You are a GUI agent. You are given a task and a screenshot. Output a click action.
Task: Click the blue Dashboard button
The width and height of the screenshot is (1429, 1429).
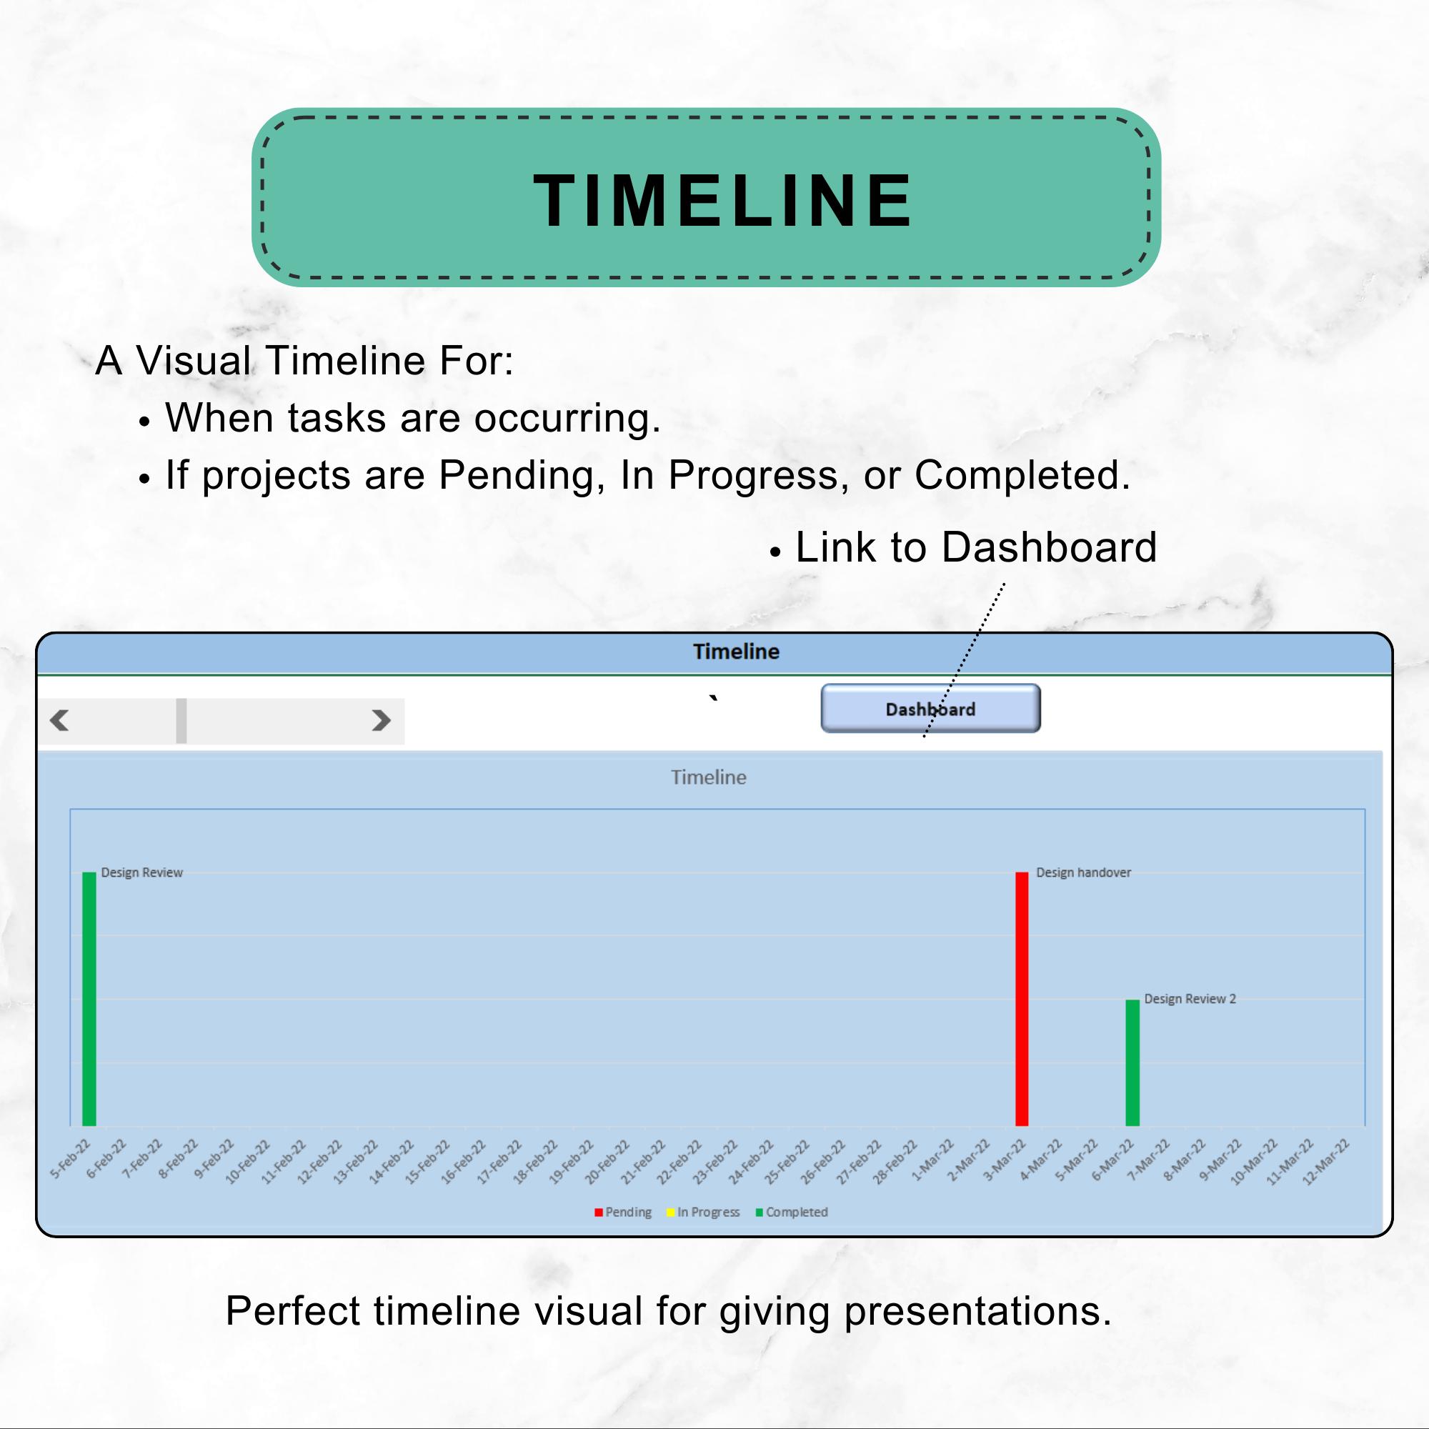[x=930, y=709]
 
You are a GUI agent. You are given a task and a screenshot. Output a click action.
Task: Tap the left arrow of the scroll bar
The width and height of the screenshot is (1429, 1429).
[x=59, y=720]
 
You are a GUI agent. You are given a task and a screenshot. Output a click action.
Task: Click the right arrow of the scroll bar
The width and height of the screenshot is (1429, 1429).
[x=381, y=720]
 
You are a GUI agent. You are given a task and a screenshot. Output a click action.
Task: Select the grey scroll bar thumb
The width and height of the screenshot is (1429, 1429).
[x=181, y=720]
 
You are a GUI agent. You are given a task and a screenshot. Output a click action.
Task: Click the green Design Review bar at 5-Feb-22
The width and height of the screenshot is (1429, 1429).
[x=89, y=1000]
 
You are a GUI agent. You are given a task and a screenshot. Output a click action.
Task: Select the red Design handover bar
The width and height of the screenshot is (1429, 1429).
[x=1022, y=1000]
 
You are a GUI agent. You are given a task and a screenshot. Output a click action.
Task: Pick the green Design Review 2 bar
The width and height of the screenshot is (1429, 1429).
[x=1132, y=1063]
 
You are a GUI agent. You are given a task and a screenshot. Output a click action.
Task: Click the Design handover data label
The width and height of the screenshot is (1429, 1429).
[x=1084, y=873]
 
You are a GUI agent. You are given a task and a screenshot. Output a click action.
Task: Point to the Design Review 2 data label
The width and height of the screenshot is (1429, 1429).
[x=1190, y=1000]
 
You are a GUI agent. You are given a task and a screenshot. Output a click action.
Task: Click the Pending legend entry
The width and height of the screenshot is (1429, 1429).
[x=623, y=1213]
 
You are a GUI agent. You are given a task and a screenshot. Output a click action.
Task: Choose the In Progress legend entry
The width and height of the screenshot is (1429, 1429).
[x=703, y=1213]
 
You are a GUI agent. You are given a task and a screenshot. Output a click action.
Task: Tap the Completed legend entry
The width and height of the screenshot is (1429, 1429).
[x=792, y=1213]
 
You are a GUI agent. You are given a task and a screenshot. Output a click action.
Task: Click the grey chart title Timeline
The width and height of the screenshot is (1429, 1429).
[x=709, y=777]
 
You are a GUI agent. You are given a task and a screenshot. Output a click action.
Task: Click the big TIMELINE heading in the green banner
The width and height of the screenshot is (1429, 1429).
[x=722, y=200]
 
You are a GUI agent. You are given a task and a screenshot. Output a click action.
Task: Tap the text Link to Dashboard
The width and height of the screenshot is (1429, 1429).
[x=975, y=547]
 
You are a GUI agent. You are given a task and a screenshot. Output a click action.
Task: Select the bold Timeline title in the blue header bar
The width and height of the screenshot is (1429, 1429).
[x=736, y=652]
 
